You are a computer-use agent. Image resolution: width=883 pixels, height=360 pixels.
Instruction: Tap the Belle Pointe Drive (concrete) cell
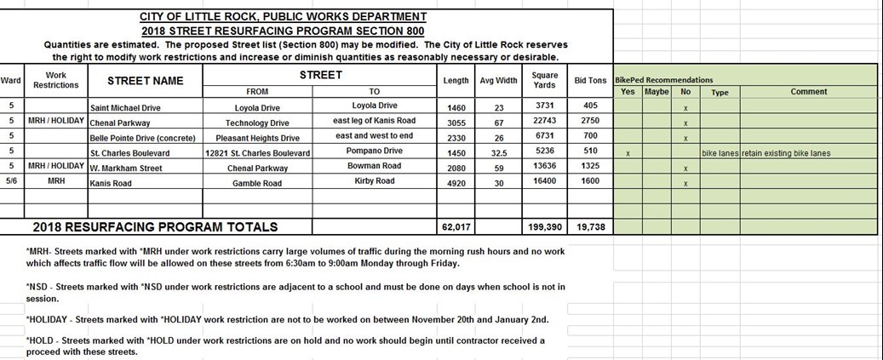pyautogui.click(x=143, y=138)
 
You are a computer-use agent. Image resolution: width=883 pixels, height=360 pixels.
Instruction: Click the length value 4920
pyautogui.click(x=456, y=183)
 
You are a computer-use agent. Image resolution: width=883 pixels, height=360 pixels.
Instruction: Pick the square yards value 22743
pyautogui.click(x=544, y=121)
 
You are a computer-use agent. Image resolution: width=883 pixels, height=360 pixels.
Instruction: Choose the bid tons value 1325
pyautogui.click(x=590, y=166)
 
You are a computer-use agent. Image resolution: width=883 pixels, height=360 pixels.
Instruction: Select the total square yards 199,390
pyautogui.click(x=545, y=227)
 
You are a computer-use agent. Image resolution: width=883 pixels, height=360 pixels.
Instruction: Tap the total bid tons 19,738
pyautogui.click(x=590, y=227)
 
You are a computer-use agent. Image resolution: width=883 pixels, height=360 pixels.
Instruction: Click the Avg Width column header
pyautogui.click(x=499, y=81)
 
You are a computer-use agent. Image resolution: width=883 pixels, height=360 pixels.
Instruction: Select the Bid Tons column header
pyautogui.click(x=590, y=81)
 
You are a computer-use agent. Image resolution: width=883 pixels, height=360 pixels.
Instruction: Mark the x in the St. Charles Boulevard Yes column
pyautogui.click(x=628, y=154)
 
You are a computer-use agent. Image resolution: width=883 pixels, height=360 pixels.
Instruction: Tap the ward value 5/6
pyautogui.click(x=11, y=182)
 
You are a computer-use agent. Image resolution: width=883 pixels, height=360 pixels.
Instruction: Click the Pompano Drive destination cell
pyautogui.click(x=376, y=151)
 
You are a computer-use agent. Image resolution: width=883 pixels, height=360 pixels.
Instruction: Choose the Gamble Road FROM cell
pyautogui.click(x=257, y=183)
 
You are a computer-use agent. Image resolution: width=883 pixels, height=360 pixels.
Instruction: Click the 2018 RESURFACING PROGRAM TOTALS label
pyautogui.click(x=155, y=227)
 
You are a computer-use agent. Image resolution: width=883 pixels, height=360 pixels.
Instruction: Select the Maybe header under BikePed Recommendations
pyautogui.click(x=657, y=91)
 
